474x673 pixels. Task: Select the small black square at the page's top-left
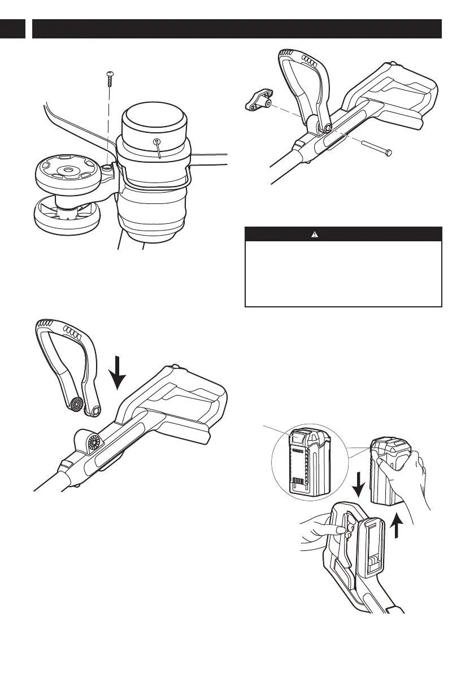pyautogui.click(x=12, y=29)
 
